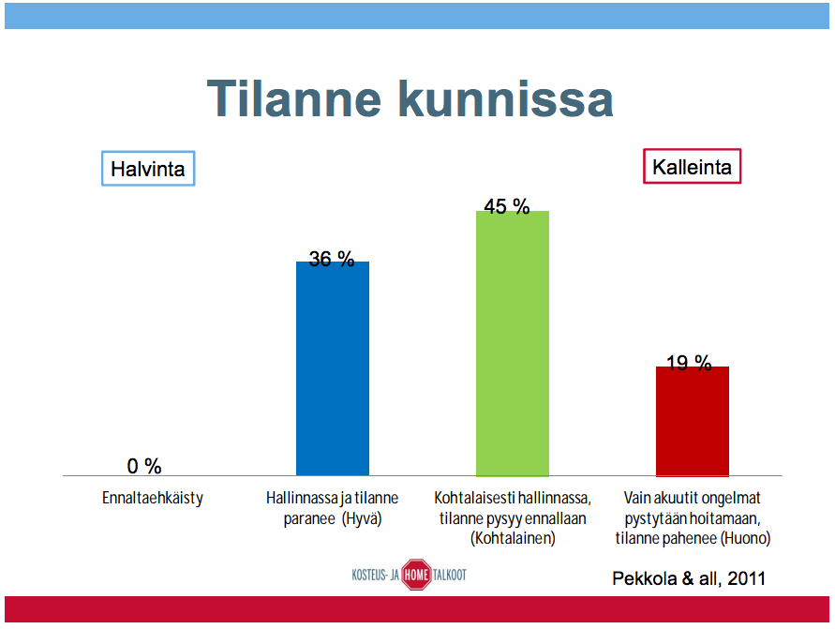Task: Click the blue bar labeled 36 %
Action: (x=333, y=368)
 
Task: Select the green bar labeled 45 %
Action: (x=513, y=343)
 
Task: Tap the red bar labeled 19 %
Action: (x=693, y=421)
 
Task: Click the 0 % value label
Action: (x=144, y=466)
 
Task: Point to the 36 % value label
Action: (x=331, y=259)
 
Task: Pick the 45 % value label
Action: (x=506, y=206)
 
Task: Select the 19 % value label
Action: (x=689, y=363)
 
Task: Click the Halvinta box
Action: (x=148, y=169)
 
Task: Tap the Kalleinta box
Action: (x=692, y=166)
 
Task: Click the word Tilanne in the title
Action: (x=294, y=98)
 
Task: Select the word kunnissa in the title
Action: (x=506, y=98)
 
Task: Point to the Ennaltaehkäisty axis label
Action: (x=153, y=498)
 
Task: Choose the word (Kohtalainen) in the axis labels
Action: (x=513, y=538)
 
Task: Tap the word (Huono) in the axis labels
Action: (x=745, y=538)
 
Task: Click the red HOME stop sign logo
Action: (x=416, y=575)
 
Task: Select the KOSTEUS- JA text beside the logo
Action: (x=375, y=575)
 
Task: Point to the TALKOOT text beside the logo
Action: (x=450, y=575)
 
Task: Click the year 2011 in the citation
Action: (x=746, y=578)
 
